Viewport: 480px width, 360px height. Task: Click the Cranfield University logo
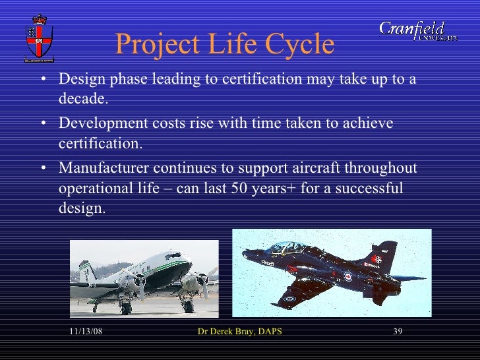(x=418, y=31)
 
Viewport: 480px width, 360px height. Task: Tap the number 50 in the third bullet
(x=239, y=188)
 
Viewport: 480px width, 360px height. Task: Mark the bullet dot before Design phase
(x=44, y=80)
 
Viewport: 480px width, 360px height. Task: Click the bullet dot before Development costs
(x=44, y=124)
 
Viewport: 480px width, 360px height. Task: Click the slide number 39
(x=398, y=331)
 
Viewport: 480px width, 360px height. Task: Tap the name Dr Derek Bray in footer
(x=227, y=331)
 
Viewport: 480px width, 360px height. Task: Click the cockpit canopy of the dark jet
(x=288, y=249)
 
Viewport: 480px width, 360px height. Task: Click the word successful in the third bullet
(x=371, y=188)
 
